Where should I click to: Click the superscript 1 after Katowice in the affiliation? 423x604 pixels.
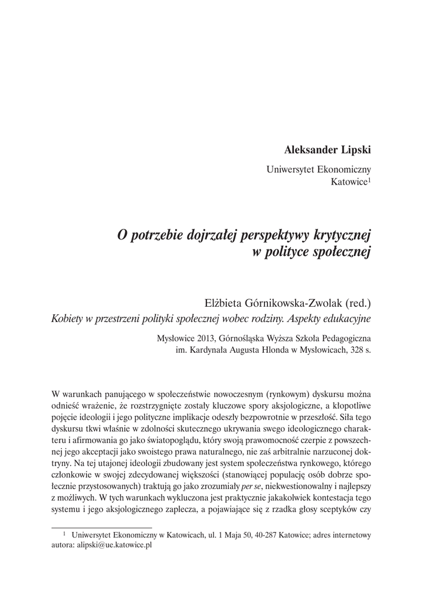coord(369,180)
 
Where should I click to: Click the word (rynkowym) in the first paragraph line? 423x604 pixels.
coord(290,393)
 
